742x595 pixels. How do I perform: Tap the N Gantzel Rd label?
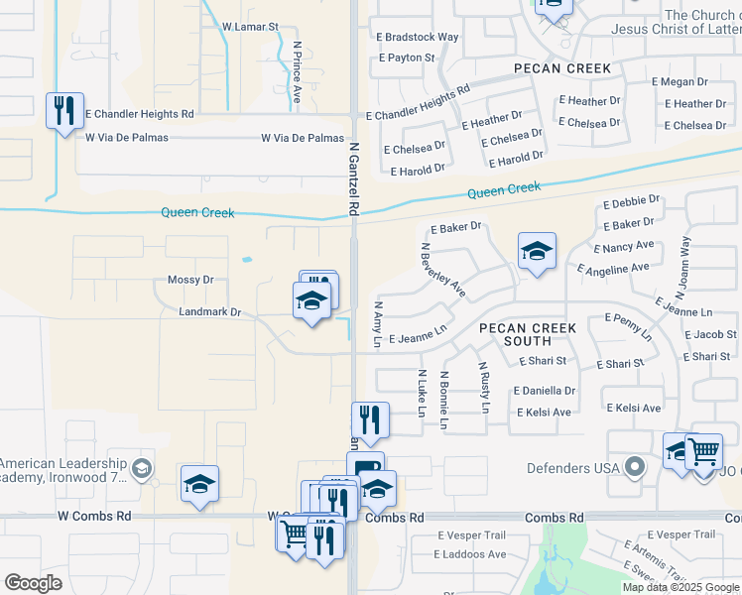[353, 178]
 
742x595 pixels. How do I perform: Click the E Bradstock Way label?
[418, 37]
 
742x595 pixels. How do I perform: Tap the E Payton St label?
[407, 59]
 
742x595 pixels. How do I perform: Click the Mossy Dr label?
[190, 280]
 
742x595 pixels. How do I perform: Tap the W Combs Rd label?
[94, 517]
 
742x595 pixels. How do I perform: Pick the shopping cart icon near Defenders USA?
[703, 452]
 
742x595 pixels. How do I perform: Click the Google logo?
[34, 583]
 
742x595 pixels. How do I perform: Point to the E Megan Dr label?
[679, 82]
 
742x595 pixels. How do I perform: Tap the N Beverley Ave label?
[442, 270]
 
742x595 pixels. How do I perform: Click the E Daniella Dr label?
[545, 391]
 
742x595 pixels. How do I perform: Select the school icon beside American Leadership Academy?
[199, 484]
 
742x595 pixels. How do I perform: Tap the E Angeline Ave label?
[615, 268]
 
